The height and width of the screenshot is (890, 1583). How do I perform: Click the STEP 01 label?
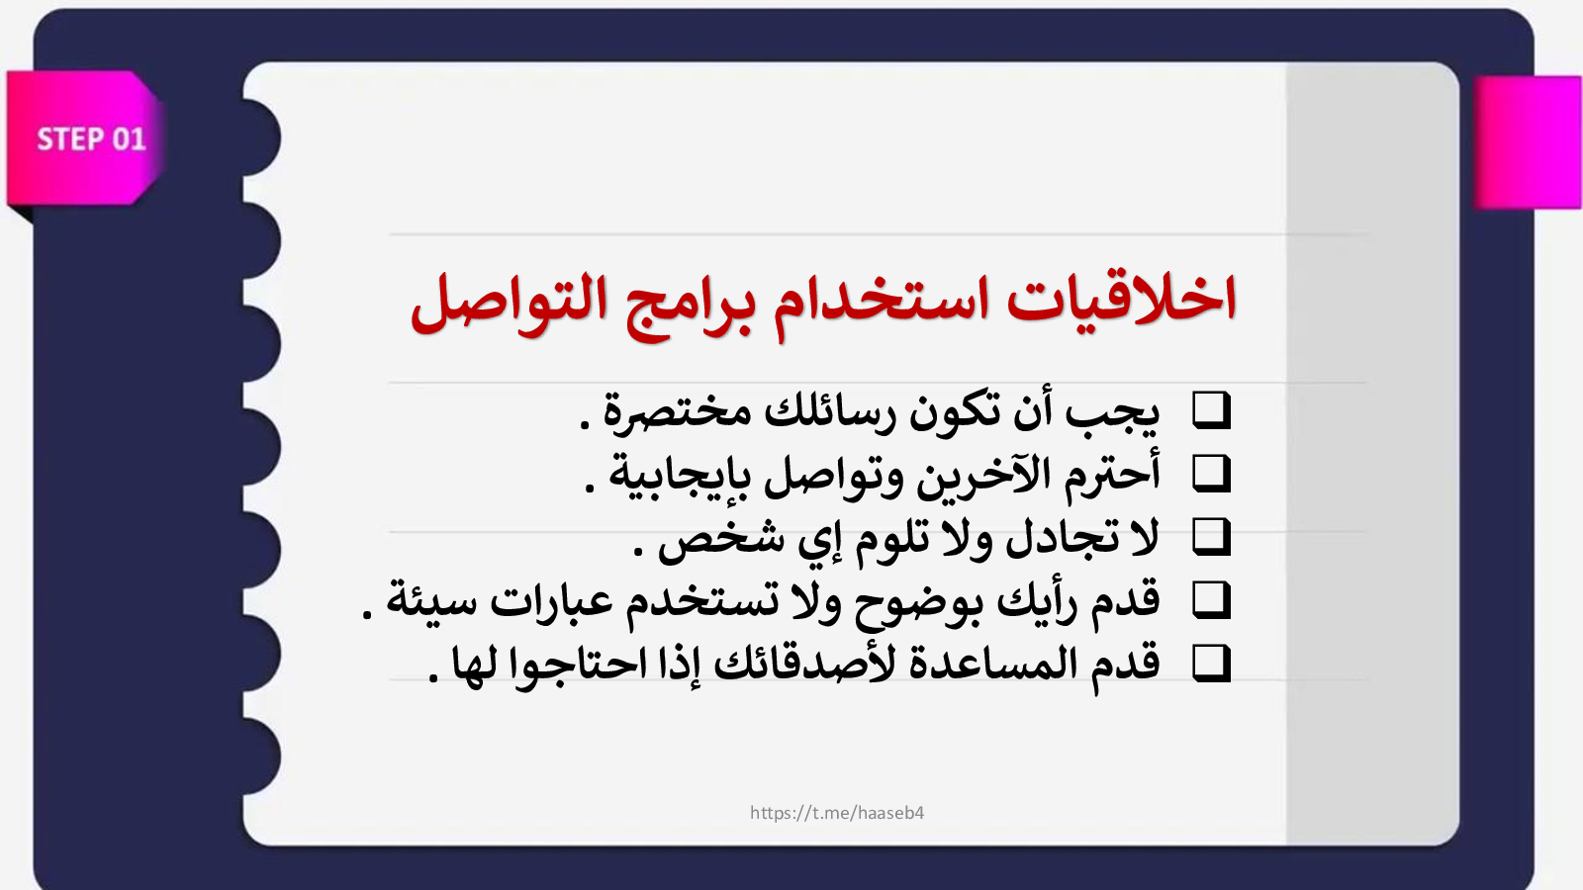click(x=91, y=139)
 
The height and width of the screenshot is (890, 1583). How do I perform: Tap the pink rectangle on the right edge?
click(x=1528, y=142)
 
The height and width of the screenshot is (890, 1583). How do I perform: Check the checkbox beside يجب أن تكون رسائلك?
click(x=1211, y=410)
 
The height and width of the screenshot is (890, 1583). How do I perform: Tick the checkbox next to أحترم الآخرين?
click(x=1211, y=474)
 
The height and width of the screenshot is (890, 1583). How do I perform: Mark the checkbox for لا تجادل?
click(x=1211, y=537)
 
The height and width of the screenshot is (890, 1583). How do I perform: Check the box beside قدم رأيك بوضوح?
click(x=1211, y=600)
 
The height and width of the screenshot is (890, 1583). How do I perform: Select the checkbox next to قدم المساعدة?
click(x=1211, y=664)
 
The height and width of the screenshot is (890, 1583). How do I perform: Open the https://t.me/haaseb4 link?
click(x=837, y=813)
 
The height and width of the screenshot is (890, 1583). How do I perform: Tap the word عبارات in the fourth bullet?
click(x=552, y=602)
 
